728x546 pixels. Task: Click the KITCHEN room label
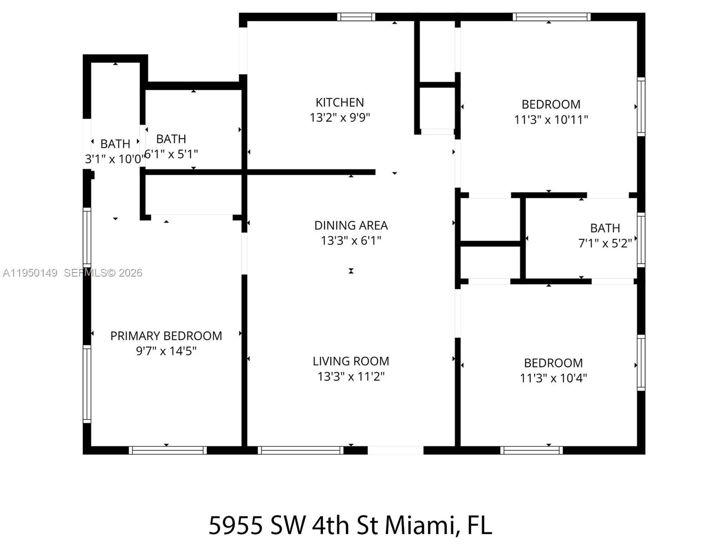tap(339, 102)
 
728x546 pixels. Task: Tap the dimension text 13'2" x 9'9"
tap(339, 118)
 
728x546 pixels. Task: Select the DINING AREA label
tap(351, 225)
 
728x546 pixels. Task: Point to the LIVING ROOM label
tap(351, 361)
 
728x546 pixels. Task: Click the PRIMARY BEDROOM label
tap(166, 336)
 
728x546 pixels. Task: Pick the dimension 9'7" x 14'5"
tap(166, 351)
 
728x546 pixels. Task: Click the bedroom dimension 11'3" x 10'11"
tap(551, 120)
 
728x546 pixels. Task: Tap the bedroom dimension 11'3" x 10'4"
tap(553, 378)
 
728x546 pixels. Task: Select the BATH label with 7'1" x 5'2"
tap(605, 228)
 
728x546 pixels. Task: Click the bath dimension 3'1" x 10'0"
tap(115, 159)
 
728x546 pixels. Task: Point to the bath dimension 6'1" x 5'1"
tap(171, 154)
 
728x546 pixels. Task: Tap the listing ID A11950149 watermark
tap(30, 273)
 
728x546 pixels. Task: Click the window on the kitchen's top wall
tap(356, 17)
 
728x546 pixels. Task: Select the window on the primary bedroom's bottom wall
tap(167, 450)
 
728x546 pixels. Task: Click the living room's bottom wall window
tap(300, 450)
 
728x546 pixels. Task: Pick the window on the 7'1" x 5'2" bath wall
tap(641, 239)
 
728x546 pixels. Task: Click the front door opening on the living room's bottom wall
tap(395, 450)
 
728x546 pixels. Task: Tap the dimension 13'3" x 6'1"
tap(351, 241)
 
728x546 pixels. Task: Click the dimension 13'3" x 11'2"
tap(351, 377)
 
